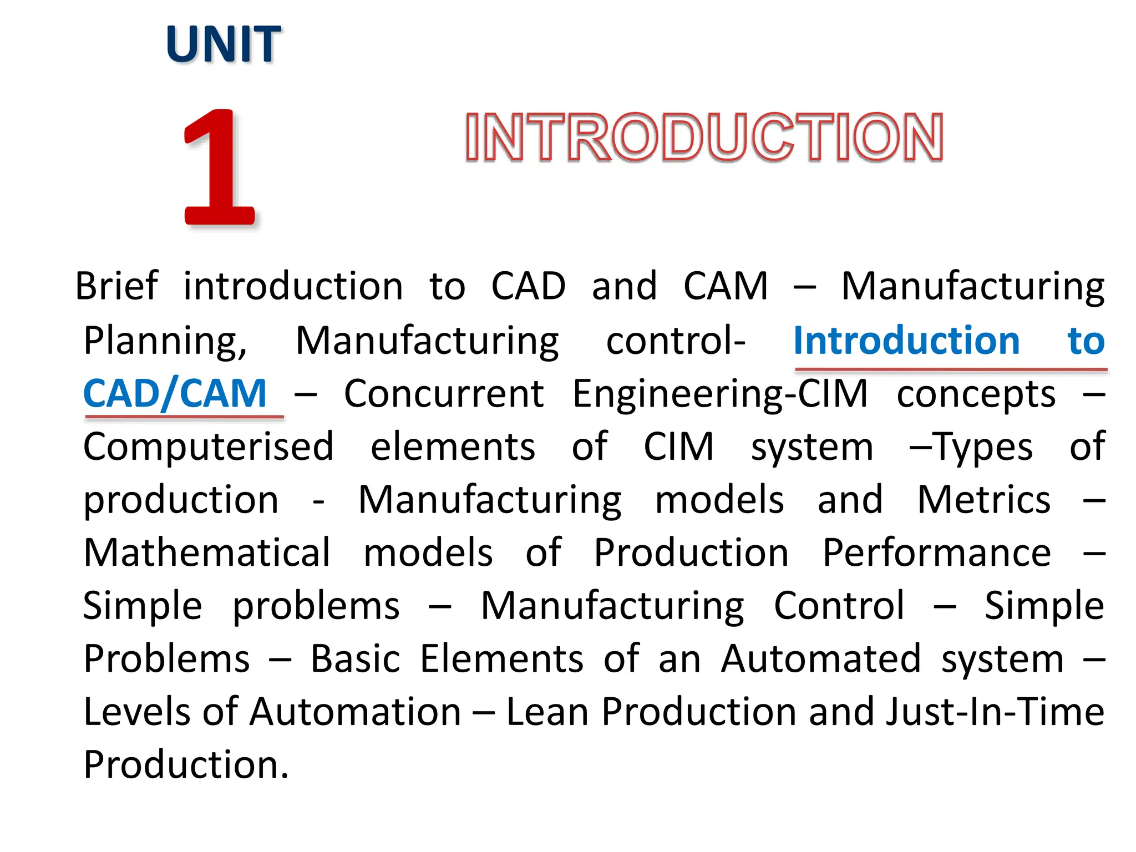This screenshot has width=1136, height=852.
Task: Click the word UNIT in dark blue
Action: point(224,44)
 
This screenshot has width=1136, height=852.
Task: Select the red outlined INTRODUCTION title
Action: point(704,137)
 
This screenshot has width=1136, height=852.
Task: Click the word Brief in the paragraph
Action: point(116,286)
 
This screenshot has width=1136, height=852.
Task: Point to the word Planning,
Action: point(165,341)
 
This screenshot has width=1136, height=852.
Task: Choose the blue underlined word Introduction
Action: point(906,341)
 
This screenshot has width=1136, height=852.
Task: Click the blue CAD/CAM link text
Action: point(175,394)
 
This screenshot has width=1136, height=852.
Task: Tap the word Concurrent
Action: point(444,394)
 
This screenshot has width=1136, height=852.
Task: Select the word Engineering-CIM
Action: point(720,394)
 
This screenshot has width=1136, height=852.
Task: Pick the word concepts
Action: point(976,394)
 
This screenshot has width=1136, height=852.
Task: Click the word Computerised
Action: point(209,447)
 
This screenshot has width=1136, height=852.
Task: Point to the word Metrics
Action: point(983,500)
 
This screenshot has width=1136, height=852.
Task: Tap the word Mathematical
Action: point(207,553)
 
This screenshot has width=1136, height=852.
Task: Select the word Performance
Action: point(936,553)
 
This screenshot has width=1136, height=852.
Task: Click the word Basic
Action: point(355,659)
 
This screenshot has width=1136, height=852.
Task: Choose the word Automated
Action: point(821,659)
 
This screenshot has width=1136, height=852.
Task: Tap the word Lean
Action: point(547,712)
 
